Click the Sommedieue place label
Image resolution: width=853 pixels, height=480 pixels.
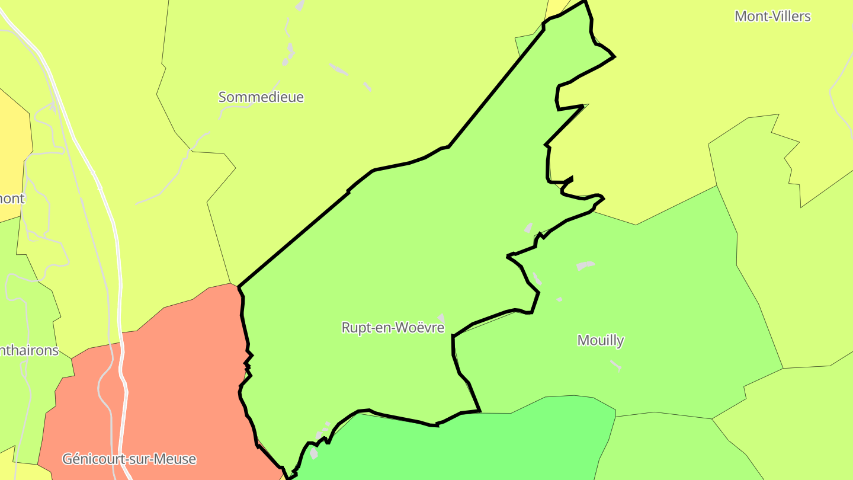261,97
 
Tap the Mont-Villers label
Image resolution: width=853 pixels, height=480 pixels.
772,16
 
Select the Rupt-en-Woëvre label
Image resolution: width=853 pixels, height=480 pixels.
393,327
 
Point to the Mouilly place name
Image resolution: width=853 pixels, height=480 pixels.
600,340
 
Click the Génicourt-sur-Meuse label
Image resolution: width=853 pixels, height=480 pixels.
129,459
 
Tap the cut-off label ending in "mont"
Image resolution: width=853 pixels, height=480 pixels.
12,198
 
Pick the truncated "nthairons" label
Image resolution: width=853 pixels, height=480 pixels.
29,350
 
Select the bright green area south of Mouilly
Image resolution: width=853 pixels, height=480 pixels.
474,444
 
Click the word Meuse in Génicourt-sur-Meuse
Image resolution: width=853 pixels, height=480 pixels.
177,459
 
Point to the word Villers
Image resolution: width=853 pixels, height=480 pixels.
791,16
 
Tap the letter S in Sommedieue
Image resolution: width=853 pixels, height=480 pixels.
223,97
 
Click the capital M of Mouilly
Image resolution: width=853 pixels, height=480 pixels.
583,340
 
